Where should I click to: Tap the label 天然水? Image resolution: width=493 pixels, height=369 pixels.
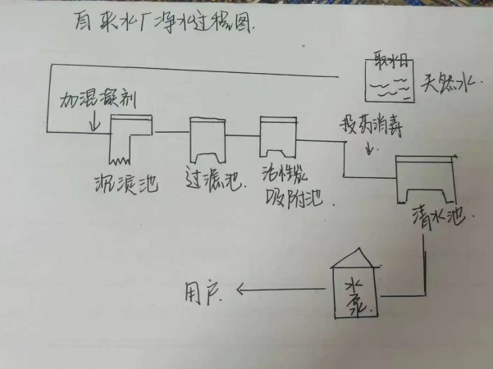click(450, 84)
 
